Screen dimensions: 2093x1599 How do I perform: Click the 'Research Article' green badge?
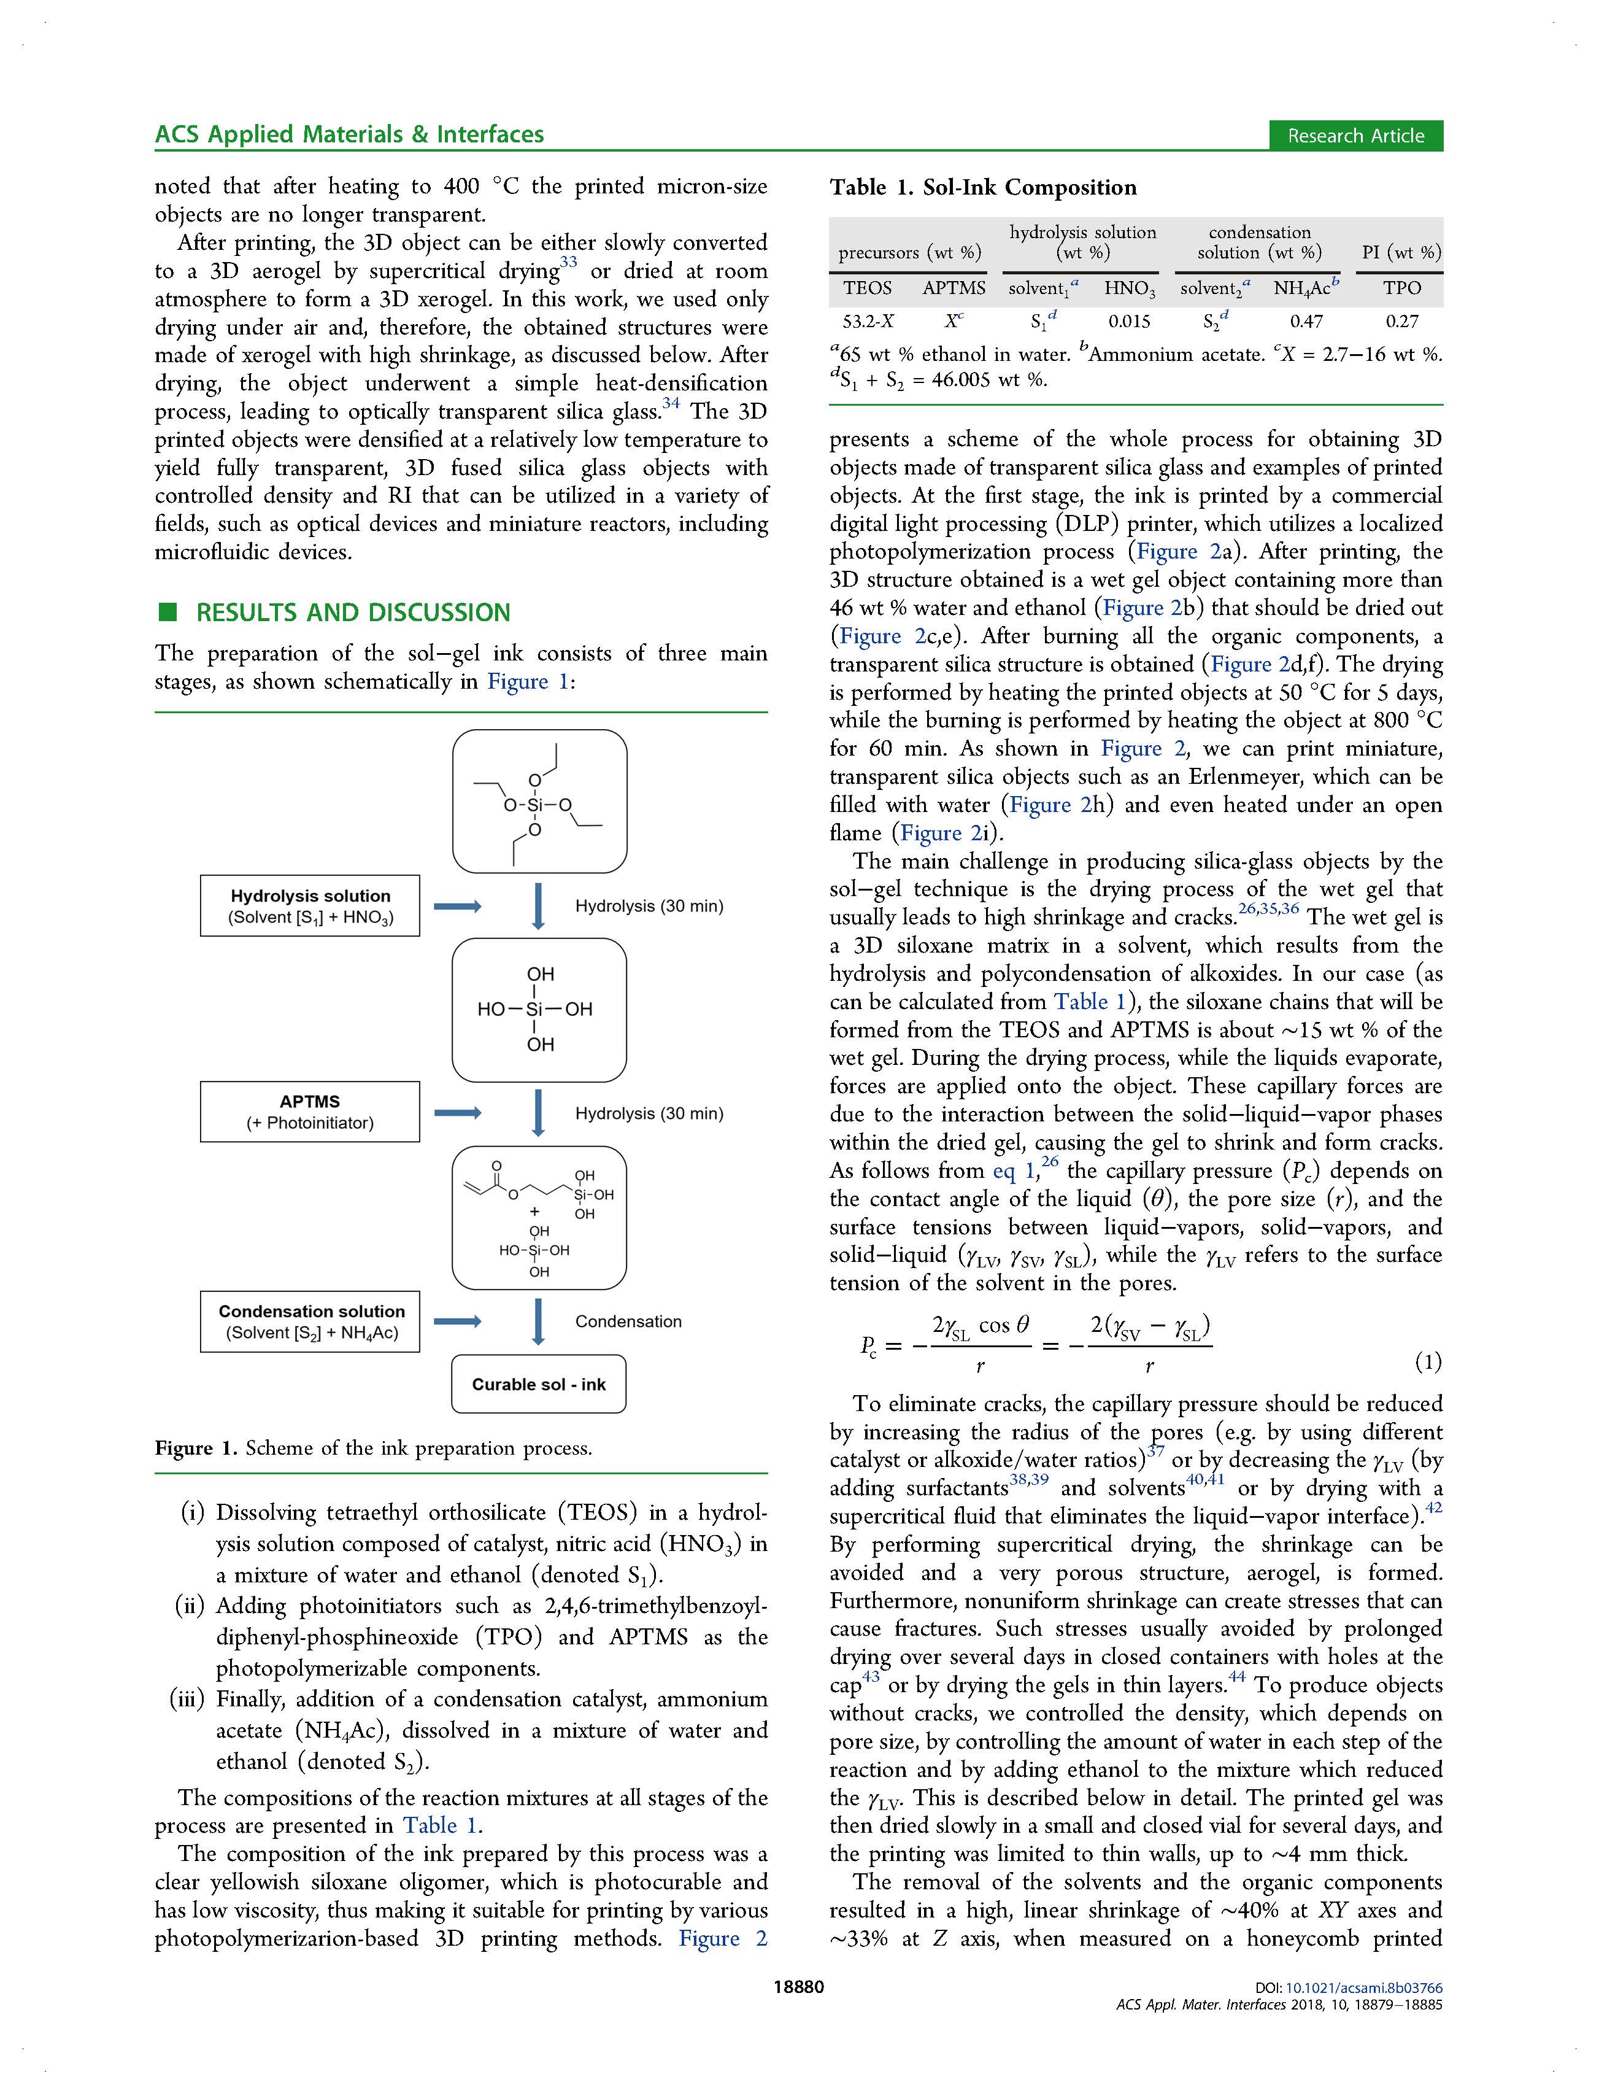coord(1355,135)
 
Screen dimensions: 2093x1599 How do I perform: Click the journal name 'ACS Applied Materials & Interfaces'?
coord(349,134)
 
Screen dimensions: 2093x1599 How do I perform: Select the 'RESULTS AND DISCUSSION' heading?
coord(352,613)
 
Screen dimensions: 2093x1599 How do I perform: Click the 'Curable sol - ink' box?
coord(539,1383)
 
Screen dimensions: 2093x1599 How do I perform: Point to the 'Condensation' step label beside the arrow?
coord(628,1321)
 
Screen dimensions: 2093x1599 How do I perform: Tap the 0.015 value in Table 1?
coord(1129,321)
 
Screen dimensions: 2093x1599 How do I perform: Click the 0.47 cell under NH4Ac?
coord(1306,321)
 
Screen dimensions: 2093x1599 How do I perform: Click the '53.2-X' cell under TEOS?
coord(868,321)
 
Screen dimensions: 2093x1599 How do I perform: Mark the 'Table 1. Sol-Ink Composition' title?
coord(983,187)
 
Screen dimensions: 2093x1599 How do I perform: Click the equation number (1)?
coord(1428,1362)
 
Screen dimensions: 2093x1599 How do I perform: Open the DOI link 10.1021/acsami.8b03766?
coord(1364,1987)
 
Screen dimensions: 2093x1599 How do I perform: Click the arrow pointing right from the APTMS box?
coord(458,1112)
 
